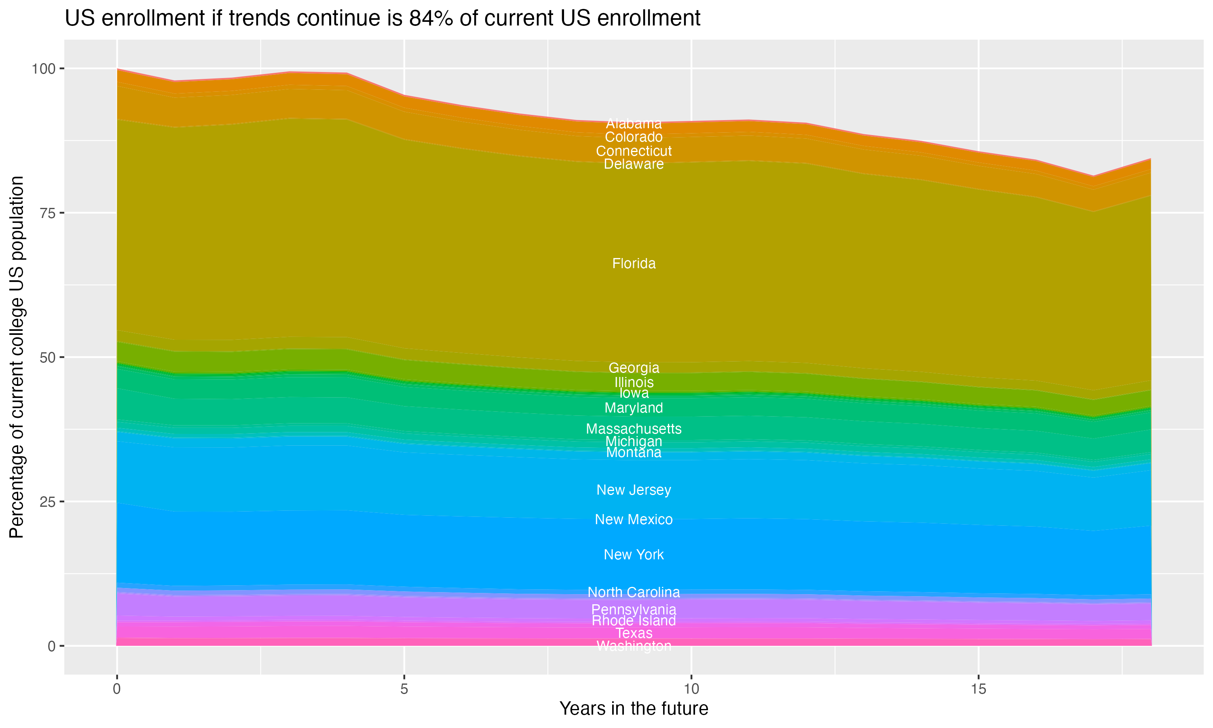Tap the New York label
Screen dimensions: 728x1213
click(634, 554)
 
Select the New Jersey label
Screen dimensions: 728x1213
click(634, 490)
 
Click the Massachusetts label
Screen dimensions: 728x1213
click(634, 429)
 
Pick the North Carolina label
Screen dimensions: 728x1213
click(634, 592)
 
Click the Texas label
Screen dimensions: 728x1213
click(634, 633)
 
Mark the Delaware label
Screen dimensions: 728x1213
click(634, 164)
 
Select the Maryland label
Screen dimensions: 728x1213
click(634, 408)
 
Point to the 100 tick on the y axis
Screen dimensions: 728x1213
click(43, 69)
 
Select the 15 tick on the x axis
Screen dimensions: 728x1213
click(978, 689)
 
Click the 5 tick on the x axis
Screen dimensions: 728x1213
click(404, 689)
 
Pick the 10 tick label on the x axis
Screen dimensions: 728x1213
click(691, 689)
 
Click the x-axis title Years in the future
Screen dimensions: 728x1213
click(634, 709)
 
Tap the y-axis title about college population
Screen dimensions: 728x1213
click(17, 357)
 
